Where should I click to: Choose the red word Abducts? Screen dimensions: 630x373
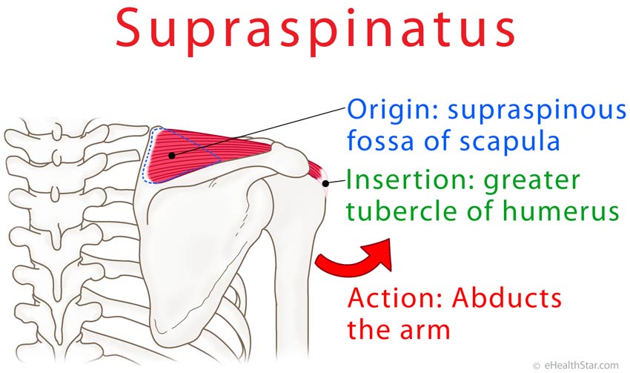point(507,298)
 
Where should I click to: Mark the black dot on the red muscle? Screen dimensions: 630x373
point(172,155)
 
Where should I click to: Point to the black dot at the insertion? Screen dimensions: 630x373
point(326,183)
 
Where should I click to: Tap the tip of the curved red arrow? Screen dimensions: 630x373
point(390,240)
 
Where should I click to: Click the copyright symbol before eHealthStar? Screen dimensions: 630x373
point(537,366)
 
